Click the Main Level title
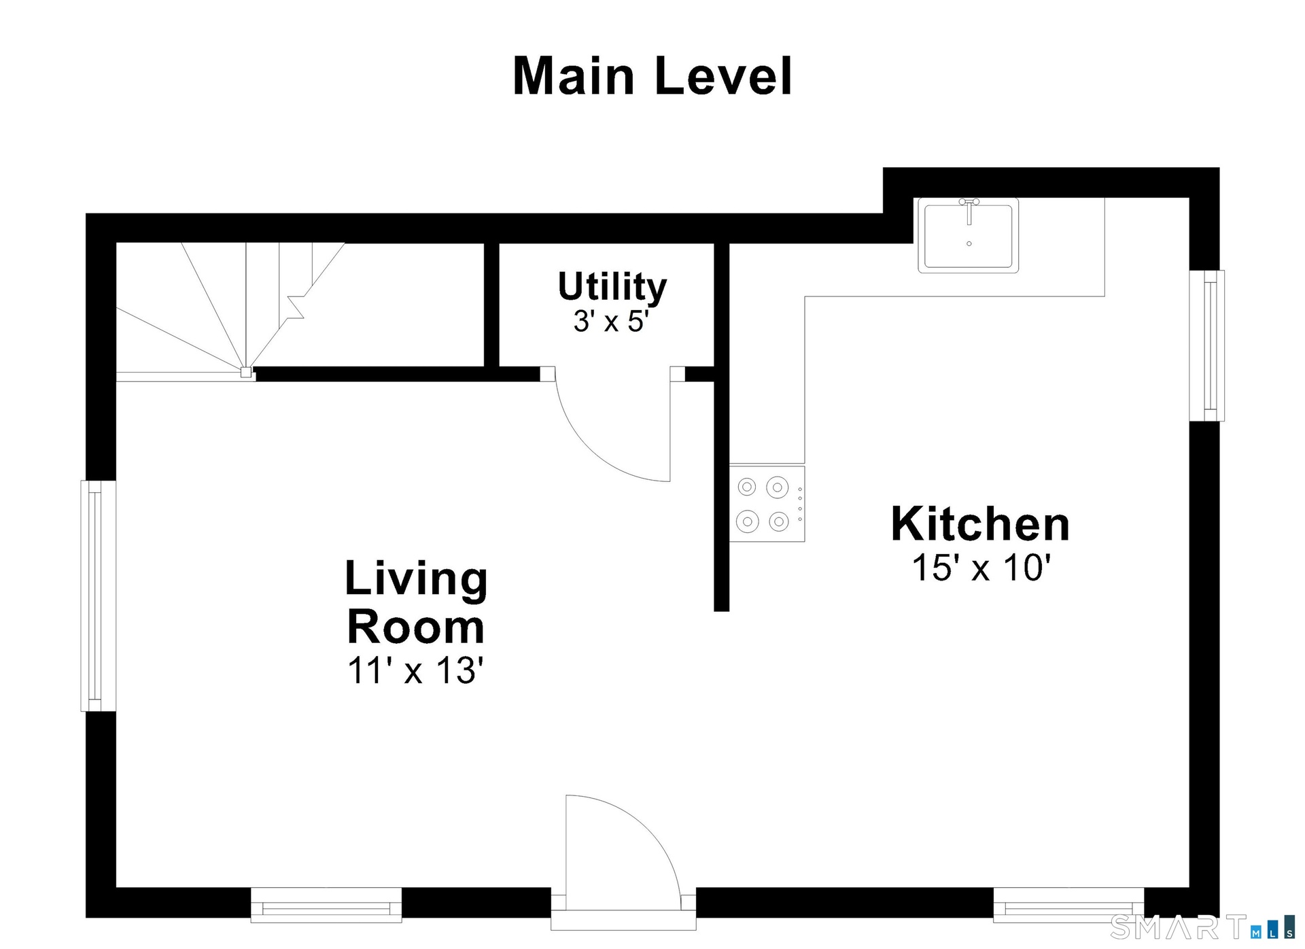tap(652, 75)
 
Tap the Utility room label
tap(612, 287)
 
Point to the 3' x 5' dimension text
tap(612, 321)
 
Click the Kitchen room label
tap(980, 523)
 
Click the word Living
tap(416, 579)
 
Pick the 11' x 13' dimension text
tap(415, 670)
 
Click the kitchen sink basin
tap(969, 235)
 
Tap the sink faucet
tap(969, 210)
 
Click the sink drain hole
tap(969, 243)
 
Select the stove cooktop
tap(767, 504)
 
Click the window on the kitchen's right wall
tap(1207, 345)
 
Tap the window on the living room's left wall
tap(99, 596)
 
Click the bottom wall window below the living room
tap(326, 905)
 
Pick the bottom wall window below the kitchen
tap(1068, 905)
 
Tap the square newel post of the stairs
tap(246, 373)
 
